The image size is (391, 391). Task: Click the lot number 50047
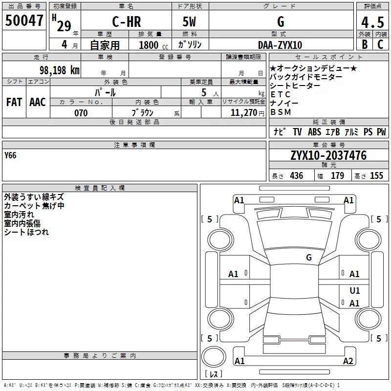coord(24,21)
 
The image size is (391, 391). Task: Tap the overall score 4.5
coord(372,22)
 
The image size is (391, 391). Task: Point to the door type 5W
coord(190,22)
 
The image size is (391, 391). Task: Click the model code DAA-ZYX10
coord(280,45)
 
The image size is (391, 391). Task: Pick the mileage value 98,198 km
coord(59,70)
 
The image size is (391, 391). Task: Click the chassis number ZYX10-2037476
coord(328,155)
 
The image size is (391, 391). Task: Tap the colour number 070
coord(81,113)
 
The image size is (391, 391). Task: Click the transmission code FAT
coord(14,102)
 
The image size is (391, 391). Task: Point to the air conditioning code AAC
coord(38,102)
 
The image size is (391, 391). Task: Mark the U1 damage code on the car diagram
coord(355,290)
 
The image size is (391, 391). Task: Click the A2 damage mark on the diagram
coord(348,361)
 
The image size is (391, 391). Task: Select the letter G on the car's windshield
coord(309,257)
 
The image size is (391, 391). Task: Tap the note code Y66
coord(10,155)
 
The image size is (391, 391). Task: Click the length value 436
coord(296,176)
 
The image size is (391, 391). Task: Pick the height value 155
coord(376,176)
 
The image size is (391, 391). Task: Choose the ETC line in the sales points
coord(281,94)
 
